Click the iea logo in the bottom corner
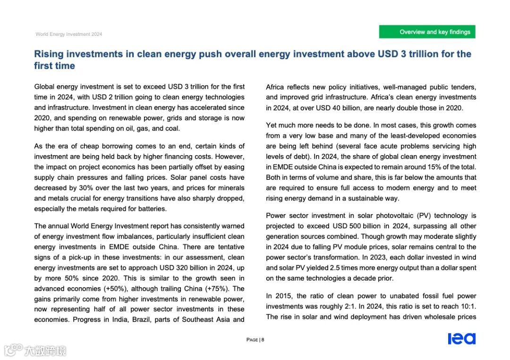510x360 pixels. tap(461, 339)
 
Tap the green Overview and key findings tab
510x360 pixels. tap(427, 32)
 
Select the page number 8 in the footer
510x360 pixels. tap(263, 340)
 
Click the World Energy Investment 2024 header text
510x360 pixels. tap(69, 34)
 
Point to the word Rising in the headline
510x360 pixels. tap(49, 54)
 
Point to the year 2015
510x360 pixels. tap(282, 296)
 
